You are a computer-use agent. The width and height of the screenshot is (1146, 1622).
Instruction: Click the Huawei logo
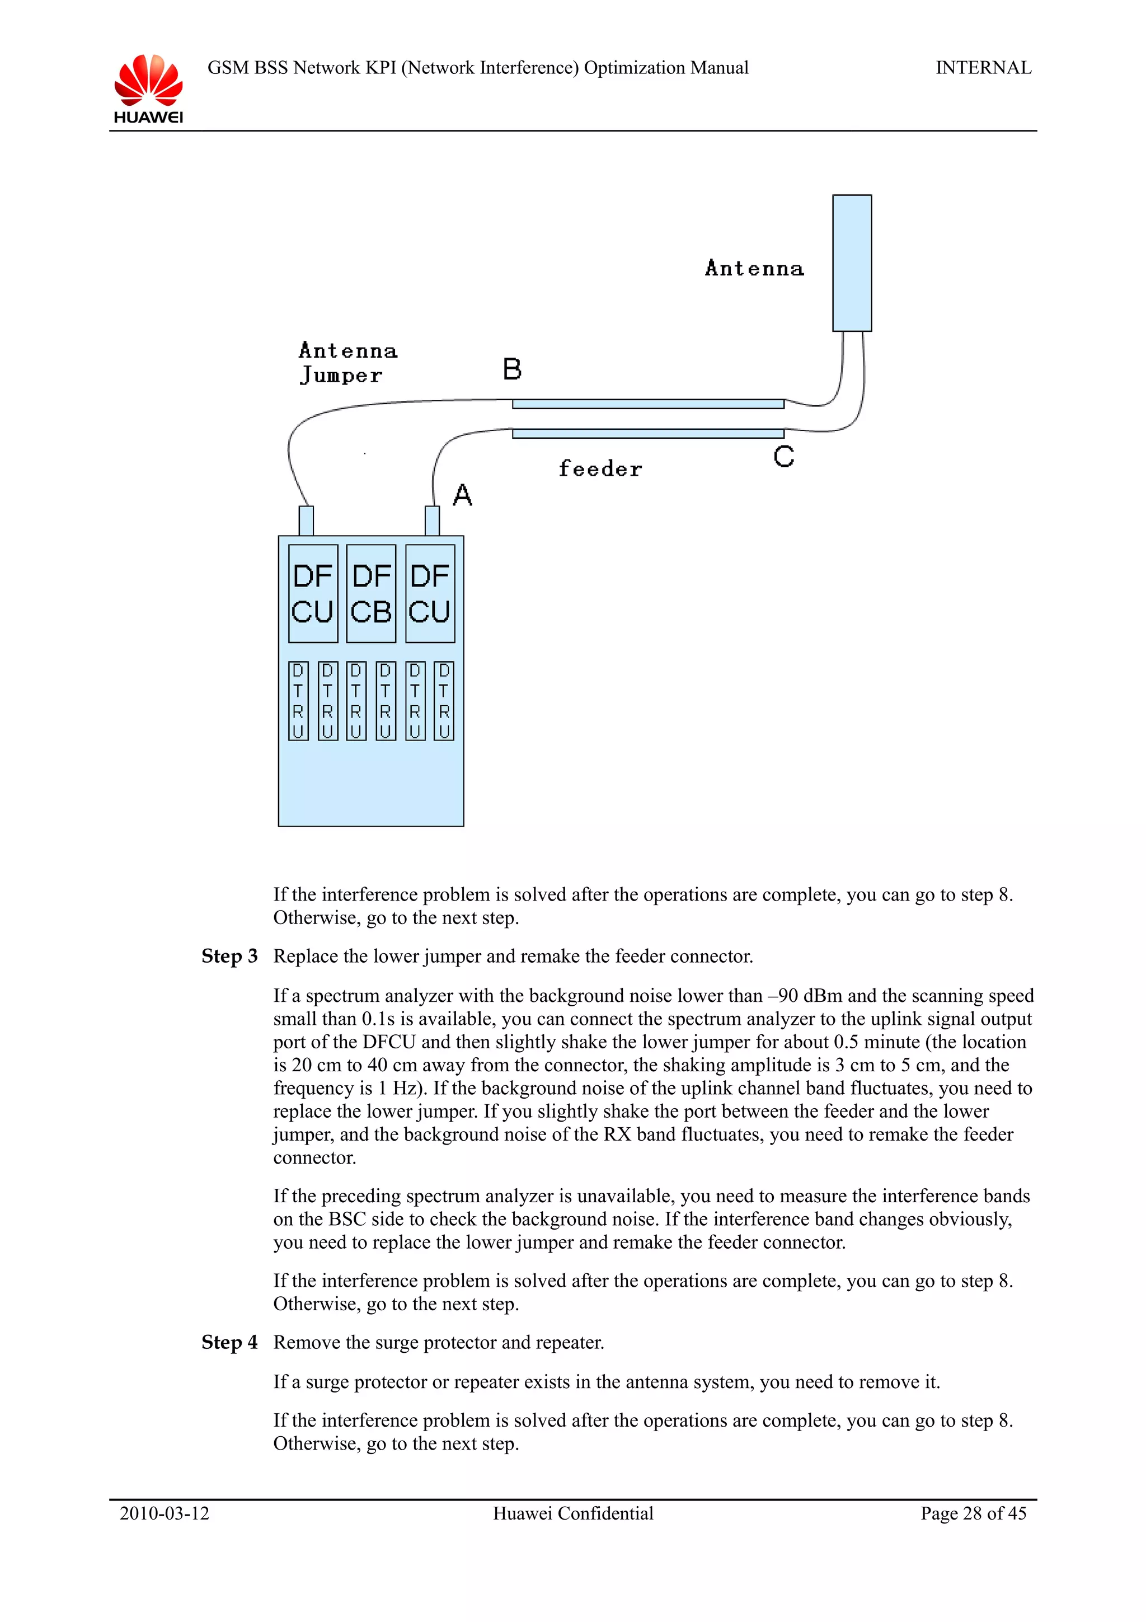pyautogui.click(x=148, y=88)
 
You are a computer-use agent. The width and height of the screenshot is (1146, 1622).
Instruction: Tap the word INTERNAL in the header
pyautogui.click(x=983, y=68)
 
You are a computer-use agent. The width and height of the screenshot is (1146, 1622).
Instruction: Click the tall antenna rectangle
pyautogui.click(x=852, y=263)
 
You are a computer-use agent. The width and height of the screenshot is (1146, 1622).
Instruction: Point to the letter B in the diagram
pyautogui.click(x=512, y=369)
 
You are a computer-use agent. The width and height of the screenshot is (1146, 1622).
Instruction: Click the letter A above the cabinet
pyautogui.click(x=463, y=495)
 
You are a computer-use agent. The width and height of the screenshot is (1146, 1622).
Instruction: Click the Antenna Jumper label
pyautogui.click(x=347, y=363)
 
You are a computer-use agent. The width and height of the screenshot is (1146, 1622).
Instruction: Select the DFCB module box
pyautogui.click(x=370, y=593)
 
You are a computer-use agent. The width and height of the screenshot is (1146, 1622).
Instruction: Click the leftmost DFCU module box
pyautogui.click(x=313, y=593)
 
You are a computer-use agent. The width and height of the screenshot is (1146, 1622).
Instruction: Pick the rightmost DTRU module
pyautogui.click(x=443, y=701)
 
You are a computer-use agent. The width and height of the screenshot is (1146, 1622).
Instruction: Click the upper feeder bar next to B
pyautogui.click(x=647, y=404)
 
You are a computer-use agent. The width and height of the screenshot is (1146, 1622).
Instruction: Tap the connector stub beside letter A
pyautogui.click(x=432, y=521)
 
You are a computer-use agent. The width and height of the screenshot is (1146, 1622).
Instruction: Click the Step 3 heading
pyautogui.click(x=229, y=957)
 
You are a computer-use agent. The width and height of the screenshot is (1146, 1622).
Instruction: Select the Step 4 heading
pyautogui.click(x=229, y=1342)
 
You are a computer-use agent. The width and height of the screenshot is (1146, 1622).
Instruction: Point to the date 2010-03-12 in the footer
pyautogui.click(x=165, y=1513)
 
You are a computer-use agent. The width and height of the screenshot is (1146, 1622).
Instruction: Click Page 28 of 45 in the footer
pyautogui.click(x=973, y=1513)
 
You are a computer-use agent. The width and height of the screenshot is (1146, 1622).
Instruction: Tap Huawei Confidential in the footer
pyautogui.click(x=572, y=1513)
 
